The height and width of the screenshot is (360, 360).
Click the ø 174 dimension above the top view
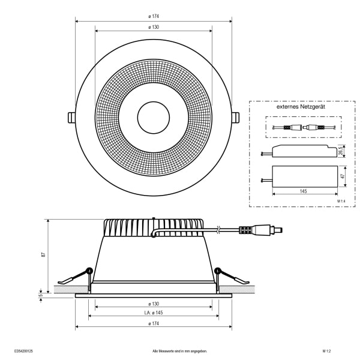(x=154, y=16)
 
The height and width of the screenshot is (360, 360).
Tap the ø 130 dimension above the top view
(x=154, y=27)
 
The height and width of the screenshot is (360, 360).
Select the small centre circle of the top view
(x=154, y=118)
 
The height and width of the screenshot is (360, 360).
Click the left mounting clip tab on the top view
(x=71, y=118)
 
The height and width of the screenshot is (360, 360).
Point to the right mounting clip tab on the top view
(x=236, y=118)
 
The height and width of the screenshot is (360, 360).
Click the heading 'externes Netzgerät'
(x=301, y=107)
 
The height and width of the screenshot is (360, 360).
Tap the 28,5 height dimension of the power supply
(x=341, y=151)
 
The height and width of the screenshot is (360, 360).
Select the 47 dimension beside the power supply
(x=343, y=176)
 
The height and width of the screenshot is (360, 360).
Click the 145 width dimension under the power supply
(x=303, y=191)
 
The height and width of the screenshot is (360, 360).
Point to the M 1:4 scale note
(x=341, y=201)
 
